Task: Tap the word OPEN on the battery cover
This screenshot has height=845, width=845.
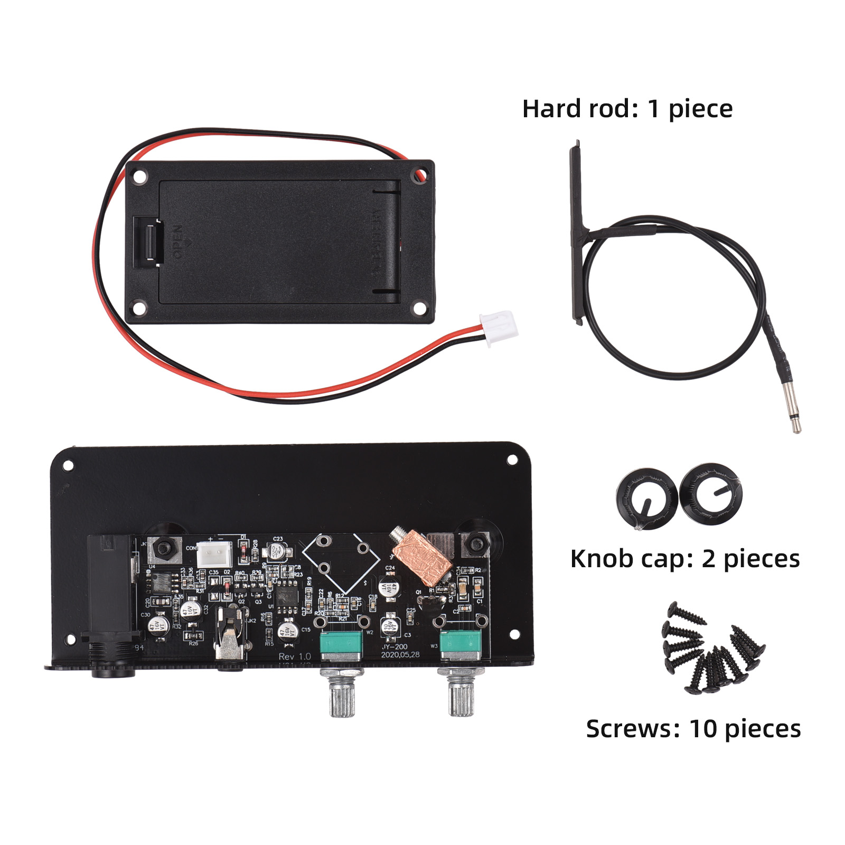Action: [178, 242]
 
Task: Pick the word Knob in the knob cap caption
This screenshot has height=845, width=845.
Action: [601, 559]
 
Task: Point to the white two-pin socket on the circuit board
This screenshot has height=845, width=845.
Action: [214, 555]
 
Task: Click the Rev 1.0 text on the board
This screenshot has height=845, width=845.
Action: [295, 656]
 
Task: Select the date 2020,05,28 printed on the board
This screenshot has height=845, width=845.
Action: [400, 655]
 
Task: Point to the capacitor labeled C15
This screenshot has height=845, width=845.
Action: [288, 631]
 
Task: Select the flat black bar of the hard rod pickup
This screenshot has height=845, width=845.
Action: [577, 232]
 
